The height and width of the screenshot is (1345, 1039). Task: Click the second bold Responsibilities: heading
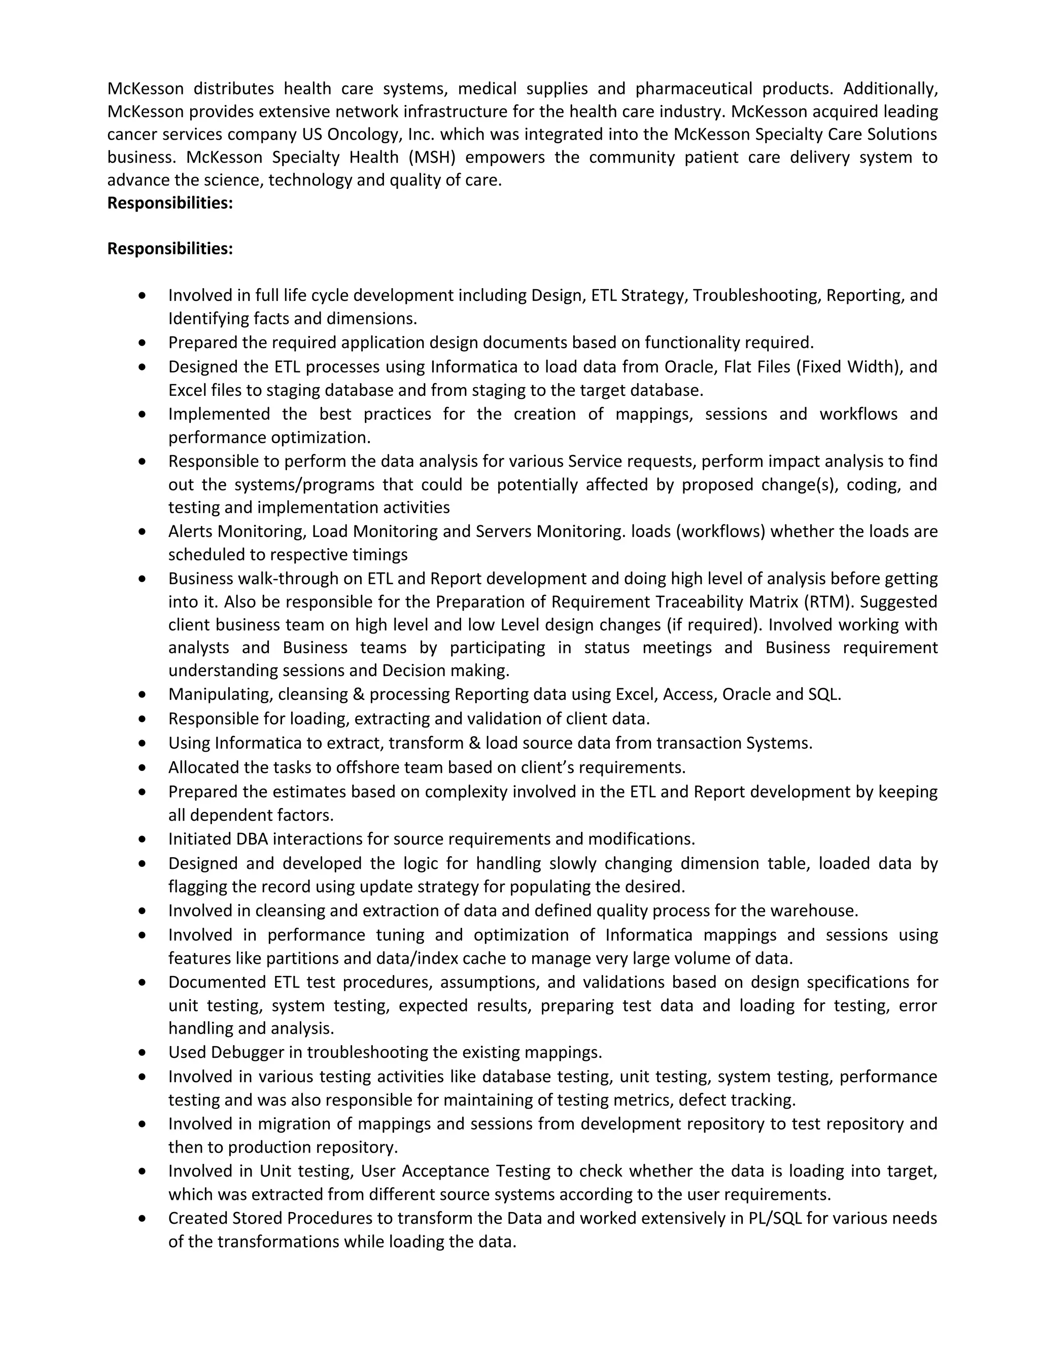click(x=170, y=249)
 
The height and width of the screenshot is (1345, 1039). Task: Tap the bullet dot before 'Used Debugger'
click(x=143, y=1053)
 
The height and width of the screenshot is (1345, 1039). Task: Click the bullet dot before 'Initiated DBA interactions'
click(x=143, y=839)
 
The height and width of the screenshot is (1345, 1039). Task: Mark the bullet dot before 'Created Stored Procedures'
click(x=143, y=1219)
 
